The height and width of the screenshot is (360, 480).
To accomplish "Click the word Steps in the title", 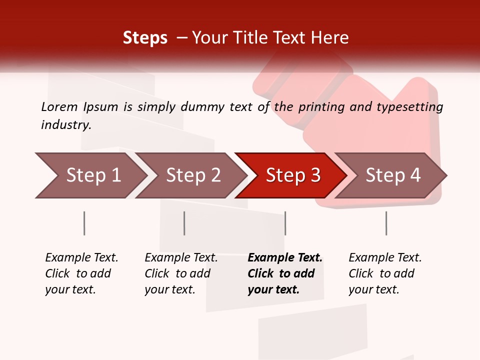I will tap(145, 38).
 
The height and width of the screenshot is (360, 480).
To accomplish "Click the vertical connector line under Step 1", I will tap(84, 223).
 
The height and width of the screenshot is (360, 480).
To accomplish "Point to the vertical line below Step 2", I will tap(184, 223).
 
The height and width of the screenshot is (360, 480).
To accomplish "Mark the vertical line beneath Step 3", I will tap(285, 223).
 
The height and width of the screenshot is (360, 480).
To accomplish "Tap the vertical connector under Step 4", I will tap(386, 223).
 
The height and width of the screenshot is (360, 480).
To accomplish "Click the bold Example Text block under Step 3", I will tap(284, 273).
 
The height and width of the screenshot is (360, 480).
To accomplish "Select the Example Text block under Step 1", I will tap(81, 273).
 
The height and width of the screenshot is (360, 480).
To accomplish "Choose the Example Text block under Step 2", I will tap(181, 273).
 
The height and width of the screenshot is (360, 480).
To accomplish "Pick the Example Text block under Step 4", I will tap(385, 273).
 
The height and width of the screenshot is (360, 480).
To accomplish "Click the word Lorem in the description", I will tap(59, 106).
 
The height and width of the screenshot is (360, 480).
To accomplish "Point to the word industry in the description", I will tap(66, 125).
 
